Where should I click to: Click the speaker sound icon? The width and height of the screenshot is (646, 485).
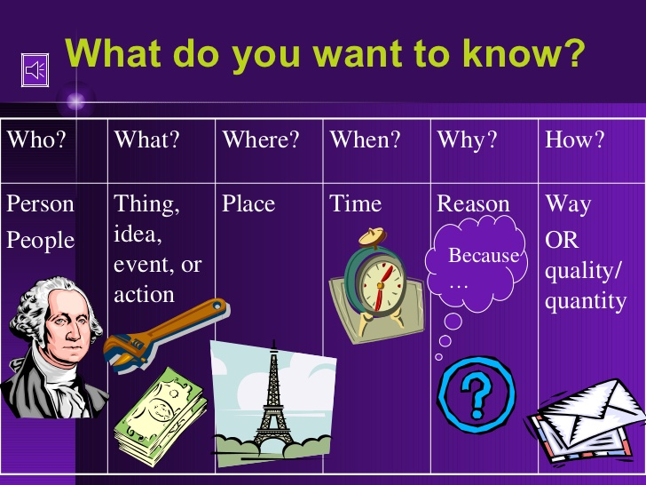point(35,70)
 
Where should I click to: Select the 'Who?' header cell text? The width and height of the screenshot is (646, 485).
point(36,139)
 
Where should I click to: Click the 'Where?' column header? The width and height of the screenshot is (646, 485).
point(260,139)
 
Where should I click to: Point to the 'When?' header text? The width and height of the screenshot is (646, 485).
point(365,139)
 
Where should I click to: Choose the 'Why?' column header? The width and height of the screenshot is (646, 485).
point(467,140)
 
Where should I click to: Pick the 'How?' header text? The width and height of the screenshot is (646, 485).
point(574,139)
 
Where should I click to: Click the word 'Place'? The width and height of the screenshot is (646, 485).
point(248,203)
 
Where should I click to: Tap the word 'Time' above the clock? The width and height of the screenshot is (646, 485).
point(356,203)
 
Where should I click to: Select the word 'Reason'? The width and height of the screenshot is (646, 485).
point(473,203)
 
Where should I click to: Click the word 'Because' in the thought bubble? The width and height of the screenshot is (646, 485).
point(484,255)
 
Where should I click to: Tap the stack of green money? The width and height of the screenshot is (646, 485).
point(161,417)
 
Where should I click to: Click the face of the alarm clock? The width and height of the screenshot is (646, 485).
point(382,285)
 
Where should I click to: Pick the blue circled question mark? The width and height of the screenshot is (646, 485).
point(477,394)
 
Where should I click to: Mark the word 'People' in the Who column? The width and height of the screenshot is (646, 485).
point(41,241)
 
